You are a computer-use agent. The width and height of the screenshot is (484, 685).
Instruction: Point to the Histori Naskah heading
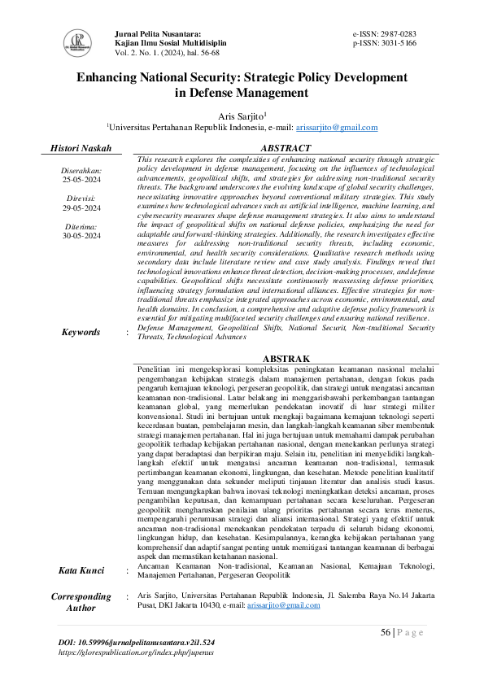pyautogui.click(x=81, y=148)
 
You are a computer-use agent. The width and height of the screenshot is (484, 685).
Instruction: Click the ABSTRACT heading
pyautogui.click(x=285, y=148)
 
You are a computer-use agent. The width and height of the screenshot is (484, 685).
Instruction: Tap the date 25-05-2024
pyautogui.click(x=81, y=179)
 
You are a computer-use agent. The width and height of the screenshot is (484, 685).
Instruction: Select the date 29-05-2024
pyautogui.click(x=81, y=207)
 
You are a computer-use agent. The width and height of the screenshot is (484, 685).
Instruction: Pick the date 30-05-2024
pyautogui.click(x=81, y=235)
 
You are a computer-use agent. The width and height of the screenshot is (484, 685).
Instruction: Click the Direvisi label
pyautogui.click(x=81, y=198)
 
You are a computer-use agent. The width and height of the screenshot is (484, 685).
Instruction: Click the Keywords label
pyautogui.click(x=81, y=332)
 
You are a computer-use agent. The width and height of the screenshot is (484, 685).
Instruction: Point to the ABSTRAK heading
pyautogui.click(x=284, y=359)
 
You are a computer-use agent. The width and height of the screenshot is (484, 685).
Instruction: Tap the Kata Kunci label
pyautogui.click(x=81, y=570)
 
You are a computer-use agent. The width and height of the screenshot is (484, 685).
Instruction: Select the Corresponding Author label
pyautogui.click(x=81, y=602)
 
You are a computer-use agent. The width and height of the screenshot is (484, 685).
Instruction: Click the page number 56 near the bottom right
pyautogui.click(x=386, y=634)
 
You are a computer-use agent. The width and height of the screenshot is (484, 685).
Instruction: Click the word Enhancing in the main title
pyautogui.click(x=112, y=79)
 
